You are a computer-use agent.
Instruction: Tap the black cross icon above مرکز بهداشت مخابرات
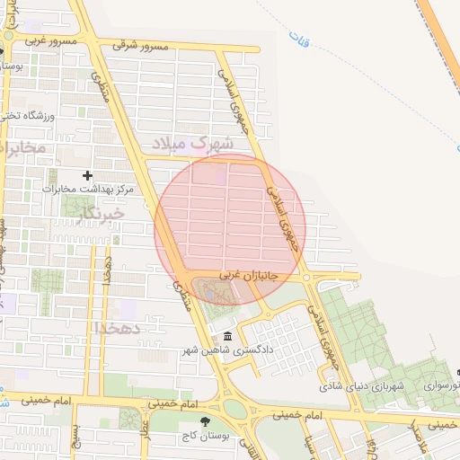click(87, 175)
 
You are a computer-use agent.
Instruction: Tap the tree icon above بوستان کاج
click(206, 420)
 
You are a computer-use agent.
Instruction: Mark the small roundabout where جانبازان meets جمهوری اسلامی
click(307, 278)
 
